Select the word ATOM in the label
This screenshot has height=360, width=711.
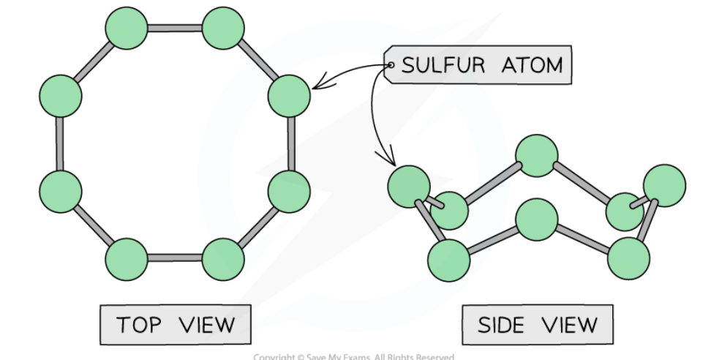533,65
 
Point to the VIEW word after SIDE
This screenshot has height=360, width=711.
568,323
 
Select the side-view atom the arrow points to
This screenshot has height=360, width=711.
410,187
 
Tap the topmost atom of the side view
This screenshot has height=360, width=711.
537,156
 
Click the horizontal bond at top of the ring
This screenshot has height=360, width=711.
175,29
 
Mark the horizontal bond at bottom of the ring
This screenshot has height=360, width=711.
175,258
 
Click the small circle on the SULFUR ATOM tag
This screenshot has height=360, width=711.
391,65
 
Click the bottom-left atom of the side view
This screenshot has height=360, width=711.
448,260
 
